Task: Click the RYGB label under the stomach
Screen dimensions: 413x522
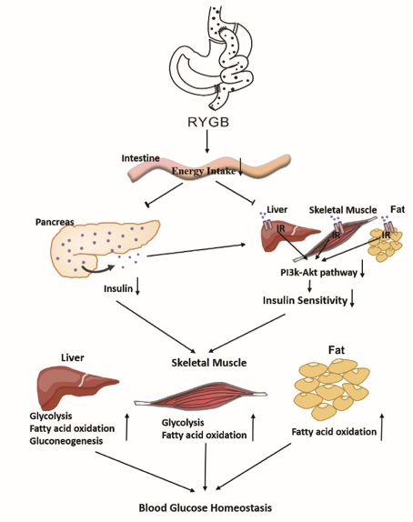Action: [x=208, y=122]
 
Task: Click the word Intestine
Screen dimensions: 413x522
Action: [x=140, y=158]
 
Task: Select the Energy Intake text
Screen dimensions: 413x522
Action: [x=204, y=171]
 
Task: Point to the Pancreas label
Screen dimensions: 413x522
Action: [x=55, y=222]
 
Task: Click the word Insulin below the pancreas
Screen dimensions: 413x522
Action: [x=118, y=288]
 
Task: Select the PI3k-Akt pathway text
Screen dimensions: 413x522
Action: [x=318, y=273]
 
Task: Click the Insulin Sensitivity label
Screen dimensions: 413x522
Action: [x=305, y=300]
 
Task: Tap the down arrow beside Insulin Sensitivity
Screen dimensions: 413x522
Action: [x=352, y=298]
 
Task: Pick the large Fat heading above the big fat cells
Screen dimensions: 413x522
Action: [x=337, y=350]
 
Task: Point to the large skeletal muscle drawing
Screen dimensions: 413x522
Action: [x=200, y=396]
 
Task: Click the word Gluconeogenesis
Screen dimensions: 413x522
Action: [x=66, y=441]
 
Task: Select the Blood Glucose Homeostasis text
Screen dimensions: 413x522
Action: [x=206, y=508]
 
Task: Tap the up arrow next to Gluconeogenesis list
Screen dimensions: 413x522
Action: [x=126, y=427]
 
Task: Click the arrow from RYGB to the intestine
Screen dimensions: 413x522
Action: [x=207, y=142]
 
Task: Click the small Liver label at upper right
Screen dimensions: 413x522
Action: [x=277, y=209]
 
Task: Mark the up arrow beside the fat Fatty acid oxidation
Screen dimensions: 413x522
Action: [x=382, y=427]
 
